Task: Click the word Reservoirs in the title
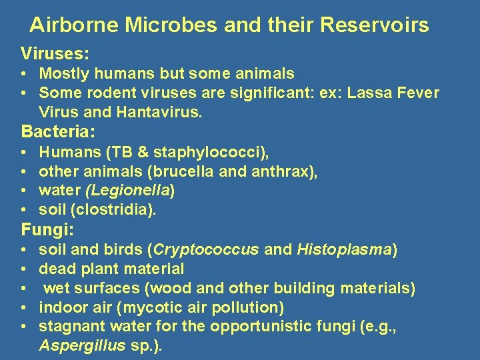tap(375, 25)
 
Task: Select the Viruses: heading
tap(55, 53)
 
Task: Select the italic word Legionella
tap(139, 191)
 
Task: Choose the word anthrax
tap(287, 171)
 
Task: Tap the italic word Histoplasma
tap(344, 250)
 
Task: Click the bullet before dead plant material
tap(23, 269)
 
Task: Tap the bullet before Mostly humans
tap(23, 73)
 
